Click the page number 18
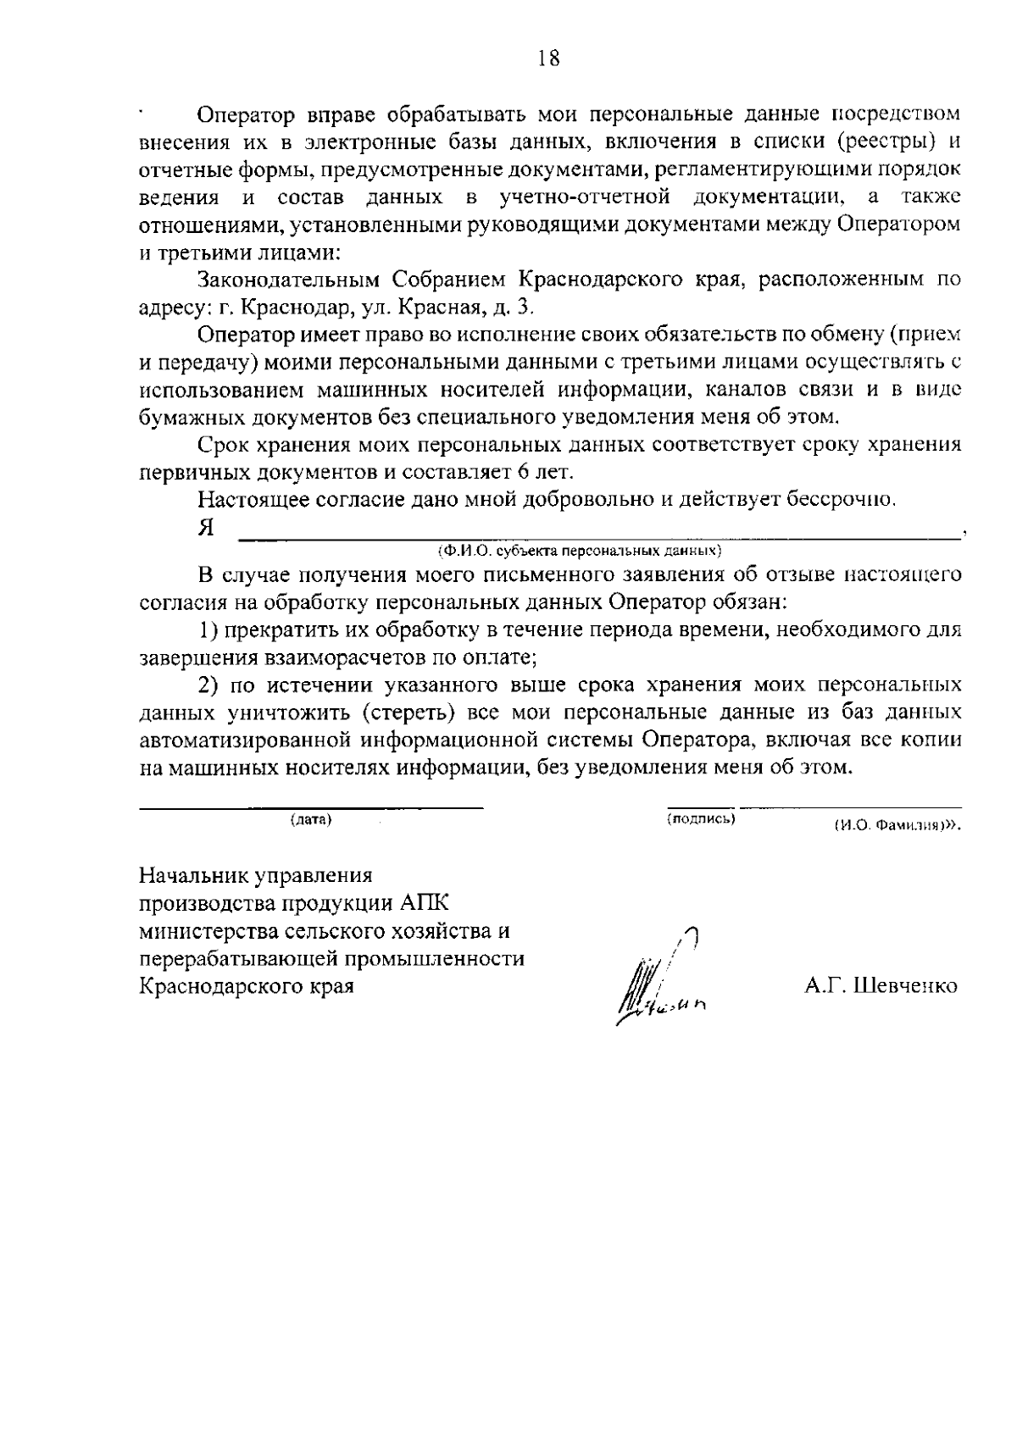[x=548, y=58]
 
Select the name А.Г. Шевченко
[x=881, y=985]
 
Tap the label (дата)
[x=310, y=820]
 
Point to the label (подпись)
[x=701, y=819]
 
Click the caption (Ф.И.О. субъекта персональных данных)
[x=580, y=550]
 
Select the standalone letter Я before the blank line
[x=206, y=528]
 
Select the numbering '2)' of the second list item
[x=209, y=685]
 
